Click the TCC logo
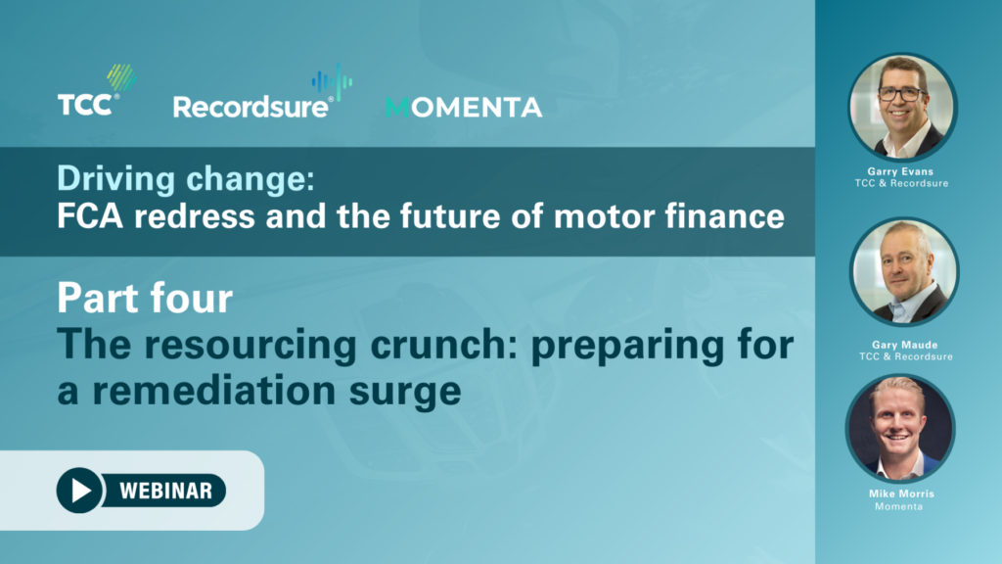(97, 90)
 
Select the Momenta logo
(464, 108)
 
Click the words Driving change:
(186, 178)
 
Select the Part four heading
(145, 298)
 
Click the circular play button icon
(79, 491)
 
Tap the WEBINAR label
(166, 491)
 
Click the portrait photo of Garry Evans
(901, 106)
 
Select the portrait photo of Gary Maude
(904, 271)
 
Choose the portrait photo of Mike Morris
(900, 428)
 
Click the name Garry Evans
(900, 171)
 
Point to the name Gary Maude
(905, 345)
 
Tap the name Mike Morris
(901, 493)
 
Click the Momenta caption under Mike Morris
(899, 506)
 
